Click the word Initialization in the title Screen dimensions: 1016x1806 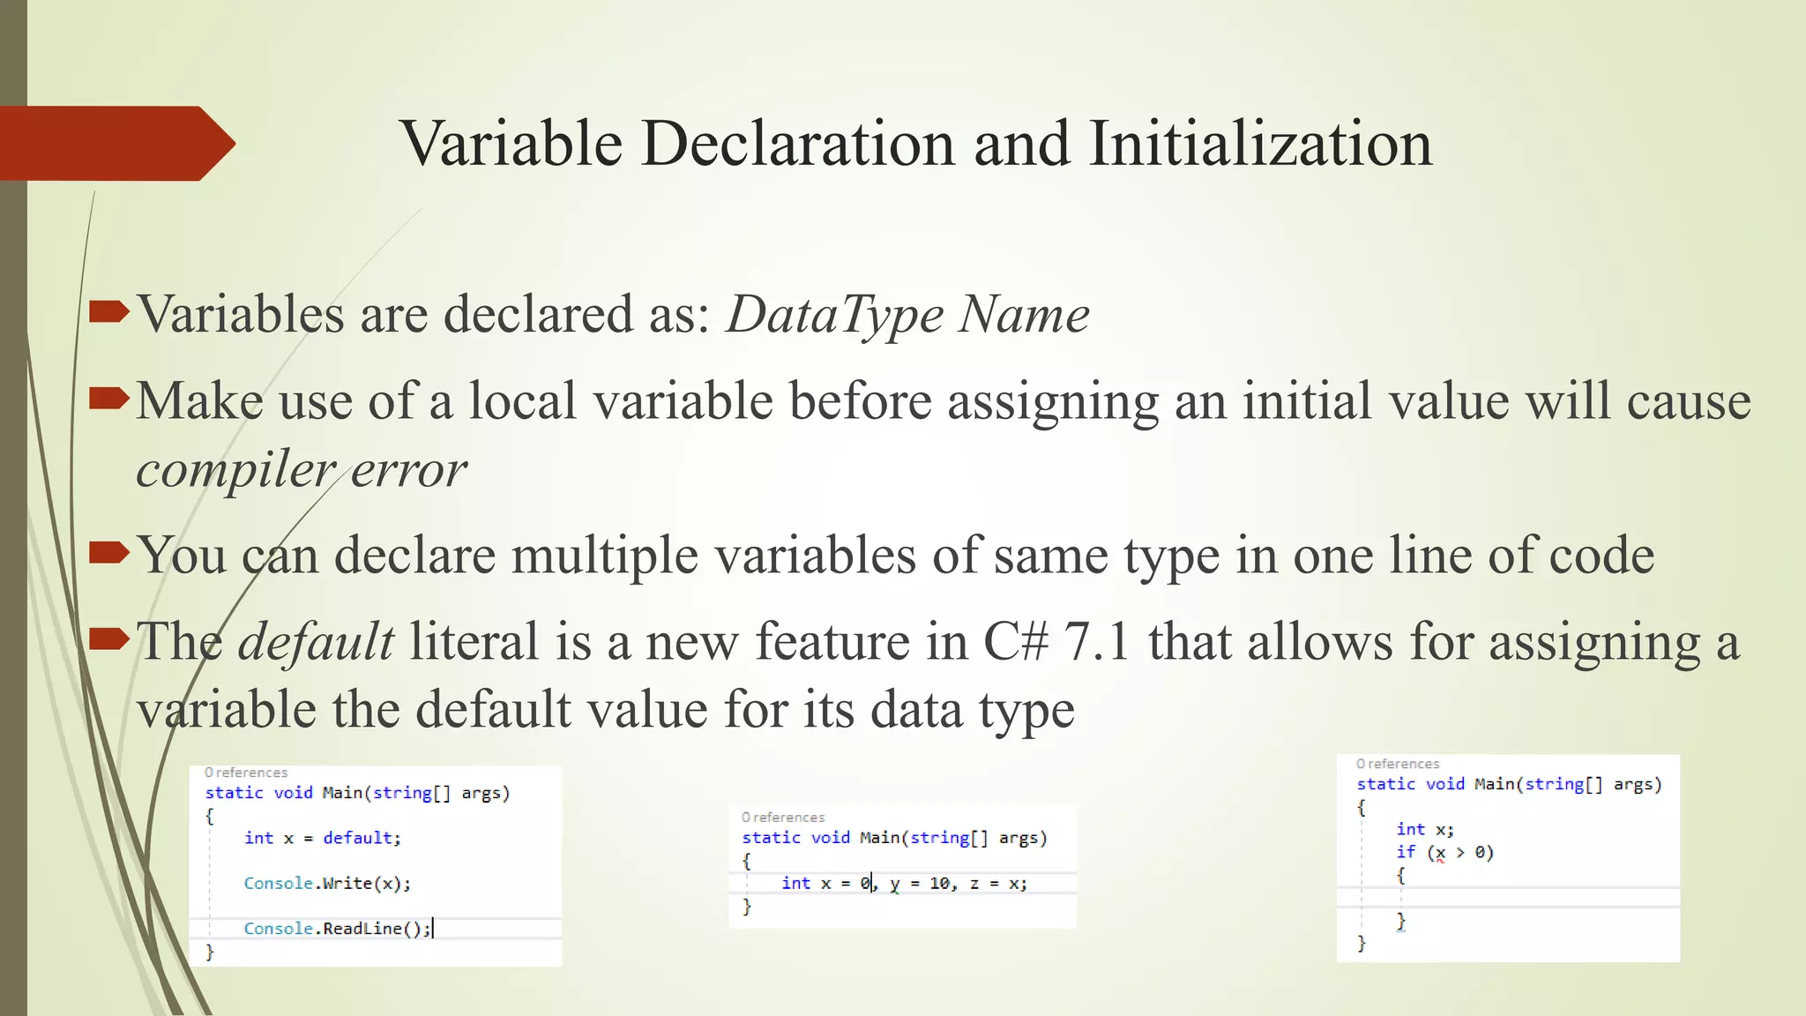(1260, 143)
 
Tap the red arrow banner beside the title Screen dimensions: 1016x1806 (115, 143)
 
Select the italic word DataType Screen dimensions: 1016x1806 (834, 315)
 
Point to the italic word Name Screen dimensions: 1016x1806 (1024, 315)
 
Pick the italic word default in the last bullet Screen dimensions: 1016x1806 (316, 641)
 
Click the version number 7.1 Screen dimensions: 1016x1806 (1096, 641)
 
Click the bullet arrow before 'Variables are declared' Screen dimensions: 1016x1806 (108, 311)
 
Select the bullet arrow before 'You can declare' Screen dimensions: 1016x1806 (108, 553)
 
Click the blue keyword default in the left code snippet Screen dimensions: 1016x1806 (357, 838)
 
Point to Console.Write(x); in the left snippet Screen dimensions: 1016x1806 (327, 883)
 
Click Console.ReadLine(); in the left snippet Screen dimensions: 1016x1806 (337, 929)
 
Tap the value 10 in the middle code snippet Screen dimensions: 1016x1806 (939, 883)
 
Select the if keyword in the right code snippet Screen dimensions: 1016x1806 (1406, 852)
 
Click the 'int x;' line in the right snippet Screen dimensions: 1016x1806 (1425, 829)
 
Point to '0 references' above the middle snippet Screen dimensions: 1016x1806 (783, 818)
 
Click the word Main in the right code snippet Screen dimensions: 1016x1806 (1495, 784)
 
